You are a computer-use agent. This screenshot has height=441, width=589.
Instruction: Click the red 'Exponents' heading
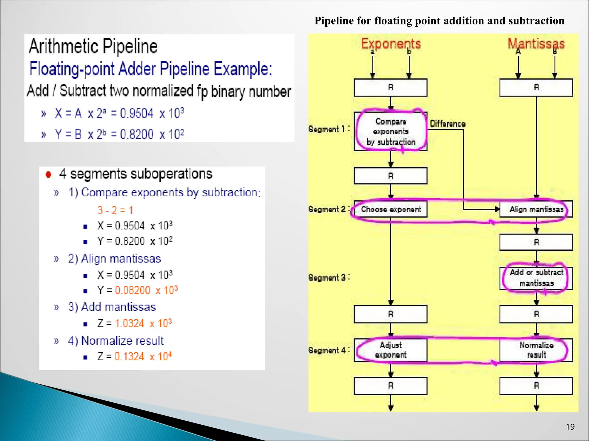[x=391, y=44]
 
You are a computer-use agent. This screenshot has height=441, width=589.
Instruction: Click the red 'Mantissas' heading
[x=536, y=44]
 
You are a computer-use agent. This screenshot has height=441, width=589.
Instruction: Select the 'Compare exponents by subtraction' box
[x=391, y=131]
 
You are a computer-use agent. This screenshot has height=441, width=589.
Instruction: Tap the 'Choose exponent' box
[x=391, y=209]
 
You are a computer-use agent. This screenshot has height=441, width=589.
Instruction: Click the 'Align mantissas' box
[x=536, y=209]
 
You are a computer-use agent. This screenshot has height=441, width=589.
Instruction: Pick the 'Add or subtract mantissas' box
[x=536, y=278]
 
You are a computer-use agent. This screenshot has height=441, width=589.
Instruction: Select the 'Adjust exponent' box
[x=391, y=350]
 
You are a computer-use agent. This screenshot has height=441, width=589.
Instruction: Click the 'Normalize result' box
[x=536, y=350]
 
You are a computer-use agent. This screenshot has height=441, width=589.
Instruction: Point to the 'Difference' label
[x=448, y=124]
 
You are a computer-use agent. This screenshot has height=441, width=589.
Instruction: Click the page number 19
[x=570, y=427]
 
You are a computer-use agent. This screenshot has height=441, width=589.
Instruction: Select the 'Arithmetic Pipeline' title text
[x=93, y=47]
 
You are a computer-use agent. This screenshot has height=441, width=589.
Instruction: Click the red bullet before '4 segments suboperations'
[x=48, y=175]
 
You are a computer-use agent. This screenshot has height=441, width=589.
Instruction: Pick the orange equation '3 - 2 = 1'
[x=115, y=210]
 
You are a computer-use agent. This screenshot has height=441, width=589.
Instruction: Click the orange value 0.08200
[x=133, y=290]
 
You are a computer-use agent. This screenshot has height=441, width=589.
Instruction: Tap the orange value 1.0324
[x=129, y=324]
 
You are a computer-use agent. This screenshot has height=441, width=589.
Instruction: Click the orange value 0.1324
[x=129, y=357]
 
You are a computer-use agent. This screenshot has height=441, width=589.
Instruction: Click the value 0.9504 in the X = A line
[x=137, y=113]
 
